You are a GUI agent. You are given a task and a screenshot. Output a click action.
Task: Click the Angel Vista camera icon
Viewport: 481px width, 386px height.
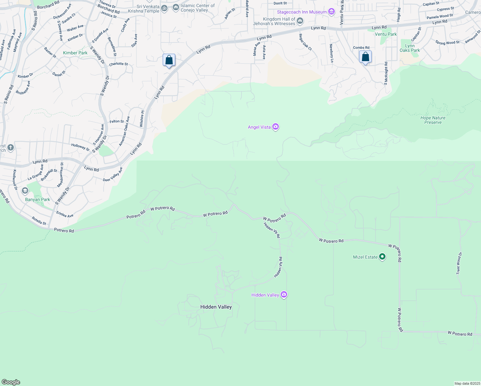[x=276, y=127]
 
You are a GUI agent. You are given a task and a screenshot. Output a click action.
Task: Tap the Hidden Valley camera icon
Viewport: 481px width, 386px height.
[x=284, y=294]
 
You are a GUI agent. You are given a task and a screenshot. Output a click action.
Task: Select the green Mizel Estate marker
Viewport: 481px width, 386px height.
[x=382, y=257]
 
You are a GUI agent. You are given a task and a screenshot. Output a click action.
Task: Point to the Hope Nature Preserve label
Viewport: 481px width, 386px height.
[x=433, y=120]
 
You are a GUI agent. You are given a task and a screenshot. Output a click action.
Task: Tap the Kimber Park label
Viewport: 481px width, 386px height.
[x=75, y=53]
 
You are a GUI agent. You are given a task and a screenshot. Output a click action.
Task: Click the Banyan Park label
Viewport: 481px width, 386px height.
[x=38, y=199]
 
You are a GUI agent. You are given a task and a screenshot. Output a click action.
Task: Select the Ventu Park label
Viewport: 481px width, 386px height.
[x=386, y=34]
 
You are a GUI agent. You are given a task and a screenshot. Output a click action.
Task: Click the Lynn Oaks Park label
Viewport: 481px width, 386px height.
[x=410, y=48]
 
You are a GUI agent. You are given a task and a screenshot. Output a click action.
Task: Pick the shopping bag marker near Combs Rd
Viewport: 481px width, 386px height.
[x=366, y=57]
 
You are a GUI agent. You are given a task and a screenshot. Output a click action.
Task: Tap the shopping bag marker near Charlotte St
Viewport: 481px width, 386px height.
[x=169, y=60]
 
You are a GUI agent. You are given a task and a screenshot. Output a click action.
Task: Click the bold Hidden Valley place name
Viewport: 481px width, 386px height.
[x=216, y=307]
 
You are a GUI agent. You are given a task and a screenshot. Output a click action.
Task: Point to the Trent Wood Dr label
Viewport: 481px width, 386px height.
[x=459, y=263]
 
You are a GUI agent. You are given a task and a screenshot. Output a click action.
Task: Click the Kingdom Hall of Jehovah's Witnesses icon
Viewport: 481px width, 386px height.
[x=300, y=21]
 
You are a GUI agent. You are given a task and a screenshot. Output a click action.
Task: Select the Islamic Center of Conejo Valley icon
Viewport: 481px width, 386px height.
[x=176, y=7]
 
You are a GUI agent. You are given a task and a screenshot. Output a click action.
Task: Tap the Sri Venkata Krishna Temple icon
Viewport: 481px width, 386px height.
[x=164, y=8]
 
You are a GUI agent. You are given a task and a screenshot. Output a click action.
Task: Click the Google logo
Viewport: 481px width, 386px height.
[x=11, y=382]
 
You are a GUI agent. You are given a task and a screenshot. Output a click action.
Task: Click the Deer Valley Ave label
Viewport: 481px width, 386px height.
[x=113, y=174]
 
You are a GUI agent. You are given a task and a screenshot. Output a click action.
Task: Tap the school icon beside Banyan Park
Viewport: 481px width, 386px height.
[x=25, y=191]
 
